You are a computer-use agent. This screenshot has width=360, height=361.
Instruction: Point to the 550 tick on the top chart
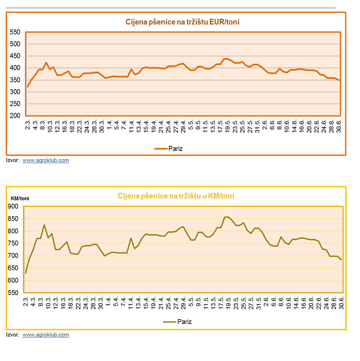[x=15, y=32]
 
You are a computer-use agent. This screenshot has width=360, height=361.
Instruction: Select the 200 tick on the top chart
[x=15, y=116]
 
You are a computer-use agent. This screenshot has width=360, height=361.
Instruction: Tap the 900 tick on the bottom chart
[x=13, y=207]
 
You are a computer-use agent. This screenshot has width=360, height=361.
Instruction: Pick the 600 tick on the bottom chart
[x=13, y=280]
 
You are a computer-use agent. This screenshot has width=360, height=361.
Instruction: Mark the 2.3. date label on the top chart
[x=27, y=124]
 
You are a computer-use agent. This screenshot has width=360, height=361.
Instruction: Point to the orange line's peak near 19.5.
[x=225, y=59]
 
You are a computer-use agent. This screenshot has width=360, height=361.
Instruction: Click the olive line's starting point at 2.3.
[x=26, y=273]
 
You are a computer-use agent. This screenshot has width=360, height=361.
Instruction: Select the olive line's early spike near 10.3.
[x=45, y=225]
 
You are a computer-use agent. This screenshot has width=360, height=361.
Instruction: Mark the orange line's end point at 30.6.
[x=339, y=81]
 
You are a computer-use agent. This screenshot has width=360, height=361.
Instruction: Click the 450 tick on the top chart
[x=15, y=56]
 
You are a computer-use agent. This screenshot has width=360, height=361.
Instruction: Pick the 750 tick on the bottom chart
[x=13, y=244]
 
